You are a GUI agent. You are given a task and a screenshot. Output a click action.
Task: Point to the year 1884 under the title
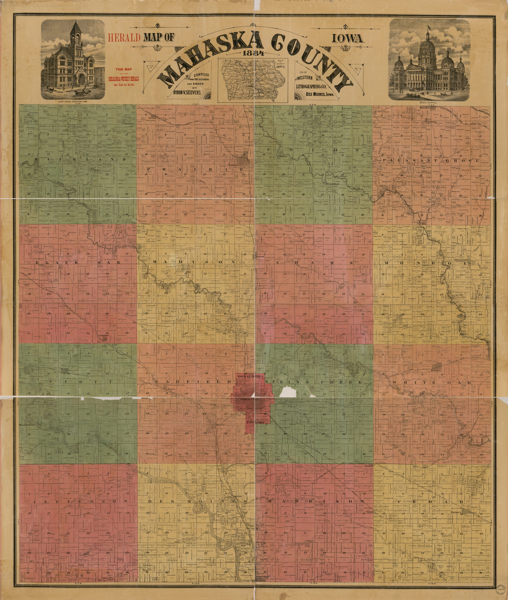[253, 53]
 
